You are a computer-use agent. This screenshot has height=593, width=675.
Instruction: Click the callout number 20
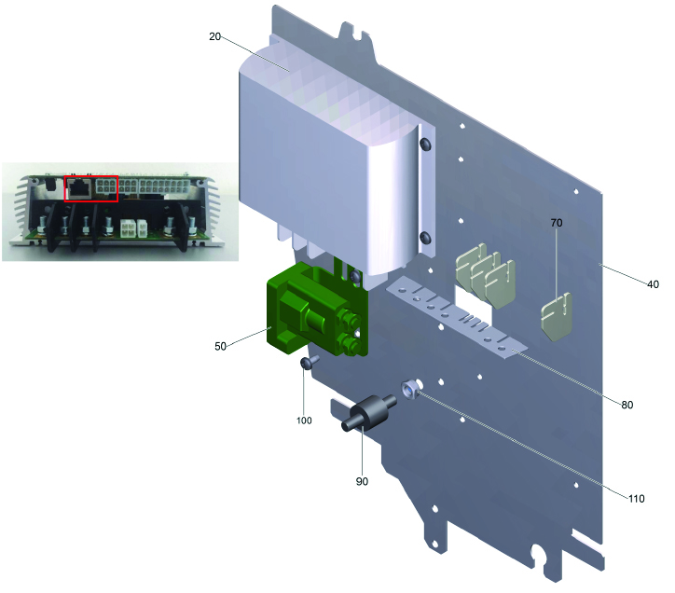pyautogui.click(x=214, y=36)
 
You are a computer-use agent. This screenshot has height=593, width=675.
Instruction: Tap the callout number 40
pyautogui.click(x=653, y=284)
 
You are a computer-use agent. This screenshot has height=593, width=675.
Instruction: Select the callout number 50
pyautogui.click(x=220, y=346)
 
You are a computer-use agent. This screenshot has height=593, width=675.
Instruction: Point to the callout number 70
pyautogui.click(x=557, y=223)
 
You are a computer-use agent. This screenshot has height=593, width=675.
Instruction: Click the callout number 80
pyautogui.click(x=627, y=405)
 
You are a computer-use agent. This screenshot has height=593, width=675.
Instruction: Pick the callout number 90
pyautogui.click(x=362, y=481)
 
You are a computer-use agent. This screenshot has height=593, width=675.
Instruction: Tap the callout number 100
pyautogui.click(x=304, y=421)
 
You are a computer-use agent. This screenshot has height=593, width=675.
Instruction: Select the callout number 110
pyautogui.click(x=636, y=499)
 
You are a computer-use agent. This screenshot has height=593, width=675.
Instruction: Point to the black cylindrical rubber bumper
pyautogui.click(x=369, y=413)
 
